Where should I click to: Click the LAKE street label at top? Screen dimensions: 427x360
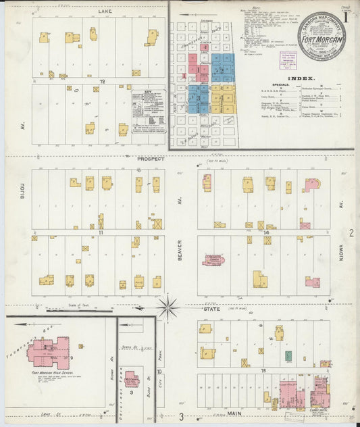click(105, 11)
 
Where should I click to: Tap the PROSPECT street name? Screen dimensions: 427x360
click(151, 159)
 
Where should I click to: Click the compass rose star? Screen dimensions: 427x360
click(168, 308)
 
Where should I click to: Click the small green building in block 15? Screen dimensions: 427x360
click(288, 355)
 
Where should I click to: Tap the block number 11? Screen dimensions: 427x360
click(100, 232)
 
